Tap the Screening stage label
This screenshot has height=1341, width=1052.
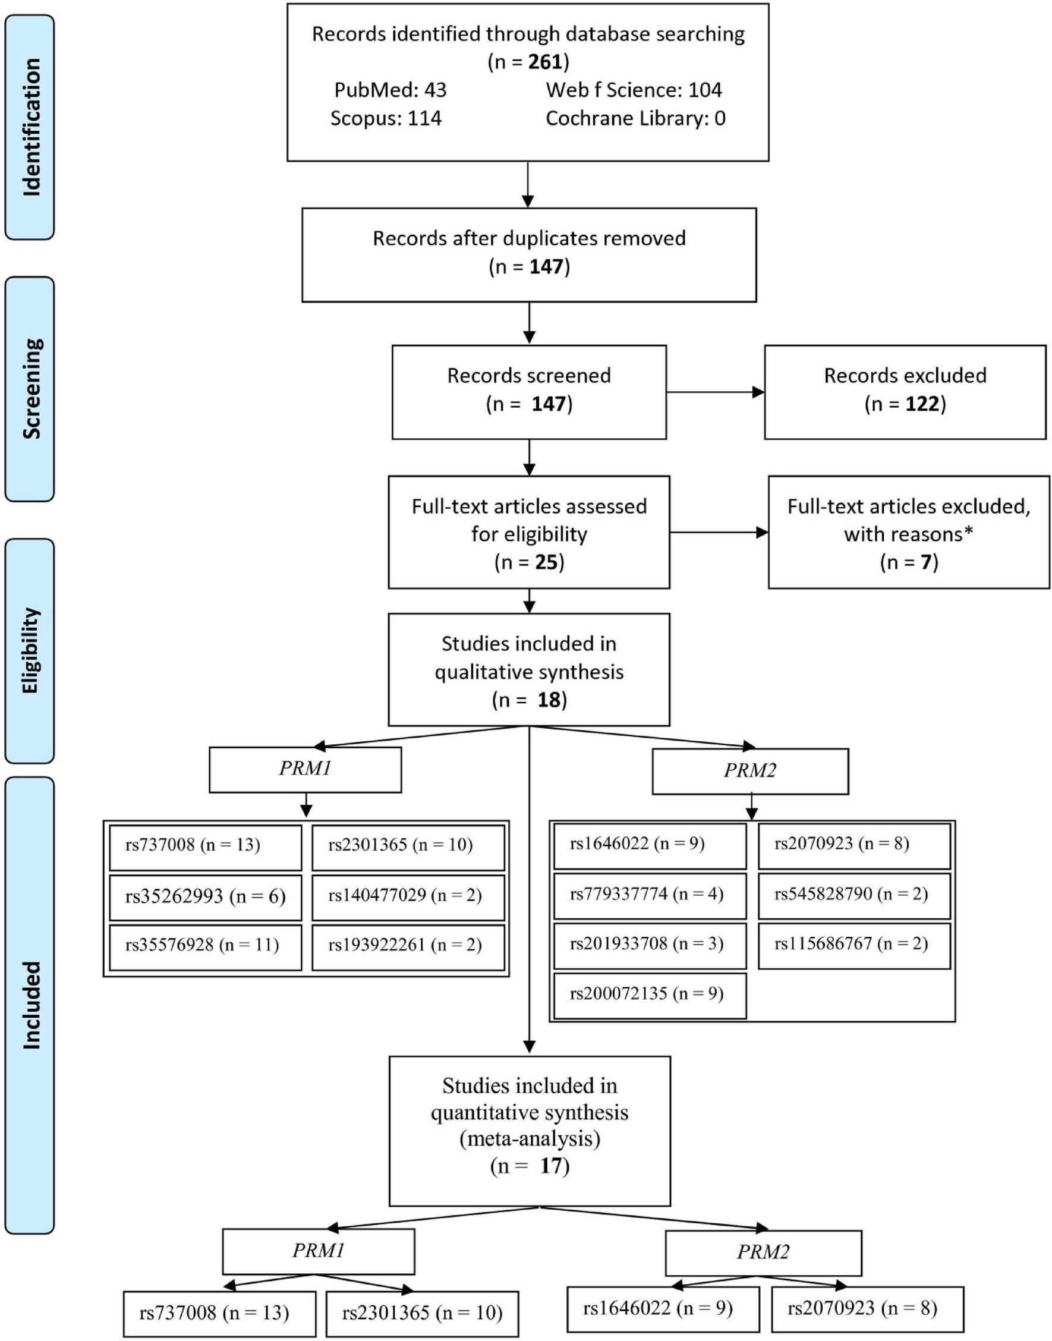[x=30, y=389]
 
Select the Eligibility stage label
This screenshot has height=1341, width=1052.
[x=30, y=650]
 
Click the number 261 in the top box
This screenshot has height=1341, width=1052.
[x=546, y=62]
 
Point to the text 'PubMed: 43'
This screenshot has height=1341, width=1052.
[x=390, y=90]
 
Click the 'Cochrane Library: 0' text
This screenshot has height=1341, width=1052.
[x=635, y=118]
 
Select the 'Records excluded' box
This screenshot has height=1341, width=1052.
[x=905, y=392]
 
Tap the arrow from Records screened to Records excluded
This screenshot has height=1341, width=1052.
[x=714, y=392]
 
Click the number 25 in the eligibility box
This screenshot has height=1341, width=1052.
[x=546, y=562]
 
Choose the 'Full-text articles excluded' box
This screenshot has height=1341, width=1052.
[x=909, y=532]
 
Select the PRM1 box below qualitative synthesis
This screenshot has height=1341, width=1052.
[x=305, y=769]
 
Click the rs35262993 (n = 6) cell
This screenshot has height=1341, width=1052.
[x=205, y=896]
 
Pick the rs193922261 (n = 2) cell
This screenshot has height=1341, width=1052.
[x=408, y=945]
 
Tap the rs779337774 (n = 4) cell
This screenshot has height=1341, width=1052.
[x=649, y=894]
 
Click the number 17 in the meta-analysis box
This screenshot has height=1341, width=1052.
[x=550, y=1166]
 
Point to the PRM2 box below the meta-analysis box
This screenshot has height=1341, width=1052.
[x=763, y=1252]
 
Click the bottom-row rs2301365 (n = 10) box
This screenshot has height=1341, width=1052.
[x=422, y=1312]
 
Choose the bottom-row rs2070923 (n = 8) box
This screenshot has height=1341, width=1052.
[x=867, y=1308]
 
